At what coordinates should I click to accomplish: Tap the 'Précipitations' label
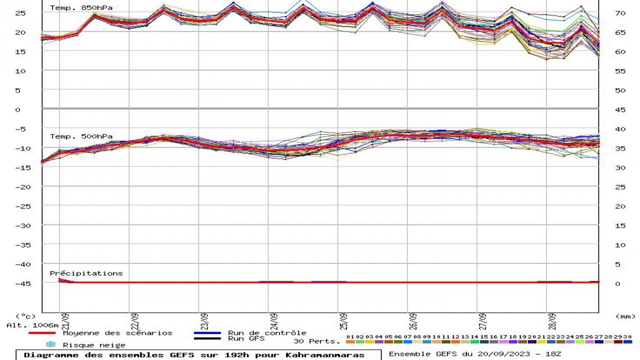(86, 273)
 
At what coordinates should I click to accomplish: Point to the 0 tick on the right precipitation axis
(617, 283)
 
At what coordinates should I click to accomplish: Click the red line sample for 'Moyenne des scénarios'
(42, 333)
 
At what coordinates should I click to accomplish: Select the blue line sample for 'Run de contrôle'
(207, 333)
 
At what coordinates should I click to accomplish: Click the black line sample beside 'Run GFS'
(207, 338)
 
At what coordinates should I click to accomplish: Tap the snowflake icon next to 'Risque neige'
(50, 344)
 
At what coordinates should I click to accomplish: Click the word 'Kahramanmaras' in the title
(325, 355)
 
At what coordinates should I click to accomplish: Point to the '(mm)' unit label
(625, 316)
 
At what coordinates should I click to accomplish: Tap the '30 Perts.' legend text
(317, 341)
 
